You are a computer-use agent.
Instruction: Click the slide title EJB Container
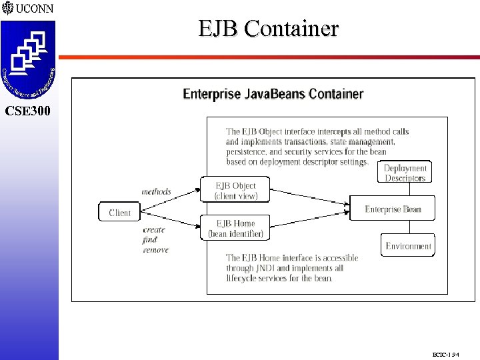coord(268,29)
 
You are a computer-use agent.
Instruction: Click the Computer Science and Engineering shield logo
coord(28,59)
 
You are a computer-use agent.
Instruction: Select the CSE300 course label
coord(27,111)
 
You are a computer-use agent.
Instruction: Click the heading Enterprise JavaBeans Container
coord(273,94)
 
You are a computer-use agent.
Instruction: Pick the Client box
coord(120,213)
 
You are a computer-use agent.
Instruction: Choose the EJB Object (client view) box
coord(235,190)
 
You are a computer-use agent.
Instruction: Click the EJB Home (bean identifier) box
coord(235,228)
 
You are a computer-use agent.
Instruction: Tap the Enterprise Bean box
coord(393,209)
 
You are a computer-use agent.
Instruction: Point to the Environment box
coord(408,246)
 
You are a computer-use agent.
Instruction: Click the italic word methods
coord(156,192)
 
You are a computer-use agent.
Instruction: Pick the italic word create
coord(153,230)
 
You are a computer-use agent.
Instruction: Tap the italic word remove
coord(156,250)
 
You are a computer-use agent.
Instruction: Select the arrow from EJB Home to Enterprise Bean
coord(310,220)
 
